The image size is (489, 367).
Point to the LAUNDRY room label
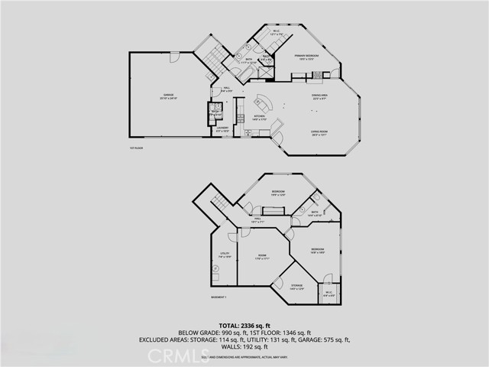point(222,129)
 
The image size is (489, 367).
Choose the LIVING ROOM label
point(319,133)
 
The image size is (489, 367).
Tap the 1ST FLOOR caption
point(137,148)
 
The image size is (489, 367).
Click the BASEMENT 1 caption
point(220,297)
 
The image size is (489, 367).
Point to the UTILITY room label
point(225,255)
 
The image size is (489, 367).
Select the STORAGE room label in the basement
point(296,287)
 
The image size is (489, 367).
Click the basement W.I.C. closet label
point(329,294)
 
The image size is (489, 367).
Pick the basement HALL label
point(257,221)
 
